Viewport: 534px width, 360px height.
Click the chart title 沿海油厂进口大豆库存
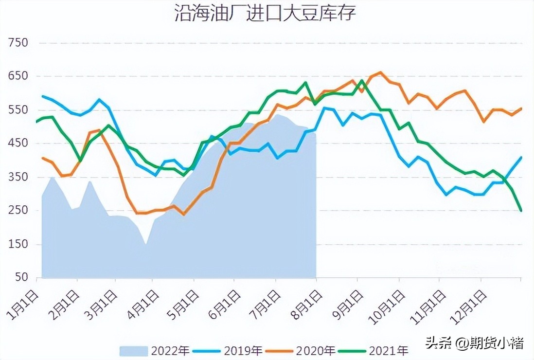pyautogui.click(x=265, y=13)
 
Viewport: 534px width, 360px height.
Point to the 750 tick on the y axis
pyautogui.click(x=18, y=43)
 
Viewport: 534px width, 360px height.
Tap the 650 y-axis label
pyautogui.click(x=18, y=76)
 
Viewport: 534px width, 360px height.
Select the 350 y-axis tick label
pyautogui.click(x=18, y=177)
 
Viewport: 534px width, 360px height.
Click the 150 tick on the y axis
pyautogui.click(x=18, y=244)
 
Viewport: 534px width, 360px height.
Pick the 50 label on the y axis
pyautogui.click(x=21, y=278)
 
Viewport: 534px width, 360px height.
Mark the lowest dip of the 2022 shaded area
pyautogui.click(x=145, y=243)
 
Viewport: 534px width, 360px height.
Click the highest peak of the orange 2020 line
pyautogui.click(x=380, y=72)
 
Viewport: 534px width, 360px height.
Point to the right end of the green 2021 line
pyautogui.click(x=521, y=210)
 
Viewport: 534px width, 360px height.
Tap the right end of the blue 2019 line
pyautogui.click(x=521, y=157)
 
